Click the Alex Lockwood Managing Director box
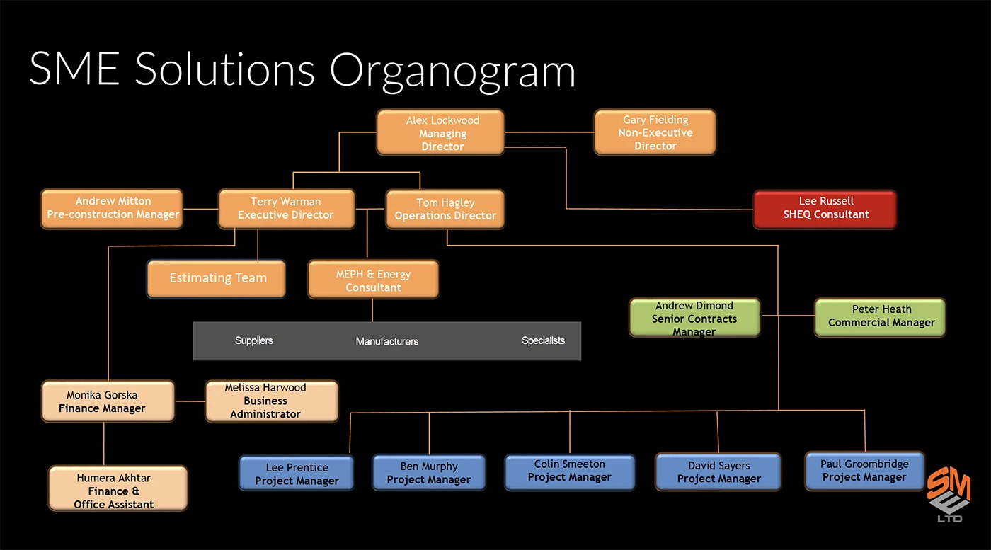pyautogui.click(x=440, y=132)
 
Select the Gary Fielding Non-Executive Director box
pyautogui.click(x=655, y=132)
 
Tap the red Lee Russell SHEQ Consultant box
pyautogui.click(x=825, y=209)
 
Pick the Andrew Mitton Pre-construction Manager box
pyautogui.click(x=112, y=208)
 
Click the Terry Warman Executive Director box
pyautogui.click(x=285, y=208)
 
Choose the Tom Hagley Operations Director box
pyautogui.click(x=445, y=209)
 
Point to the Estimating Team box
pyautogui.click(x=217, y=278)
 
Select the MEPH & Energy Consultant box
pyautogui.click(x=373, y=280)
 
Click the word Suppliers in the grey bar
pyautogui.click(x=254, y=340)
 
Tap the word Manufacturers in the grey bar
pyautogui.click(x=386, y=341)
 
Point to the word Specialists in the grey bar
pyautogui.click(x=543, y=340)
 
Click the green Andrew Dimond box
pyautogui.click(x=694, y=318)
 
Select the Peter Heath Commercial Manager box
pyautogui.click(x=880, y=316)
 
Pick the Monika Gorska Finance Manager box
pyautogui.click(x=108, y=401)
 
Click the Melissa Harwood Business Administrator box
pyautogui.click(x=271, y=401)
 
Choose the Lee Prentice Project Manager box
pyautogui.click(x=296, y=474)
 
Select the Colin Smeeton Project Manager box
pyautogui.click(x=569, y=471)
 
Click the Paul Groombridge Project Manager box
pyautogui.click(x=864, y=471)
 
